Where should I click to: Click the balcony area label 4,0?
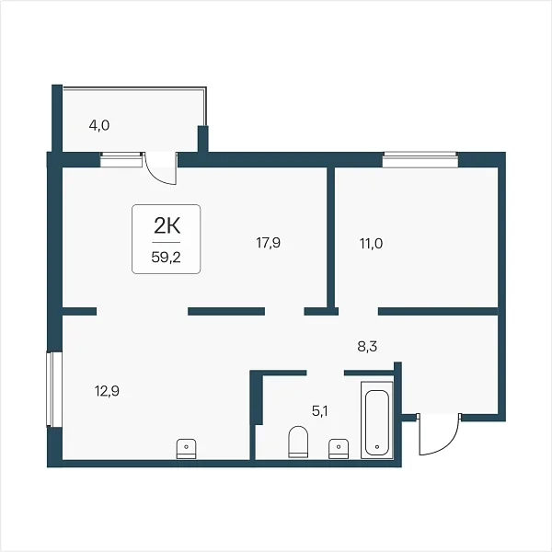99,125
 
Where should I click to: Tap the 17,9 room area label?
269,243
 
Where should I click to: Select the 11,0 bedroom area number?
371,243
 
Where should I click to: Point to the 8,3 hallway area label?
367,347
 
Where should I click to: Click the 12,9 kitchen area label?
107,391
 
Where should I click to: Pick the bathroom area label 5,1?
319,411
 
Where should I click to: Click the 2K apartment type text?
167,225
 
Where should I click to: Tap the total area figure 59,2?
167,258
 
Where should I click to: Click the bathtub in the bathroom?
377,420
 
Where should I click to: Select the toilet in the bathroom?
298,442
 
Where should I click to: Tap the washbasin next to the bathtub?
339,449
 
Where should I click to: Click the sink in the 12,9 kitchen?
186,449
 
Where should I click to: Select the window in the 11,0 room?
420,160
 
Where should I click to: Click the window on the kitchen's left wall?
54,389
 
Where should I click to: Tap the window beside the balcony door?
121,160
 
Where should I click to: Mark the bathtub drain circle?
377,447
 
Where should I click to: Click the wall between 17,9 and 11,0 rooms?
330,237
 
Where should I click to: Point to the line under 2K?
167,243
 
